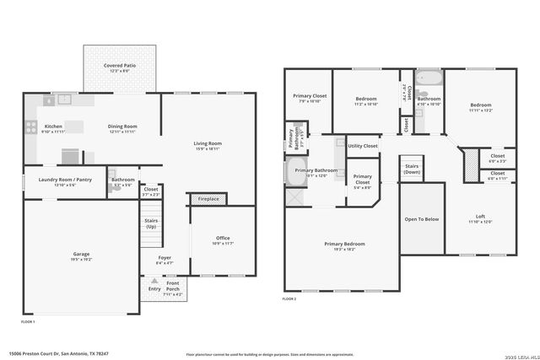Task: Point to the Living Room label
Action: (x=208, y=146)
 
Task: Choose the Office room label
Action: (x=223, y=239)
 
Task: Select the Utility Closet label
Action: (x=363, y=146)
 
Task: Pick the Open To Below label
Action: (x=422, y=219)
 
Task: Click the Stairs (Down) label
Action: (x=412, y=169)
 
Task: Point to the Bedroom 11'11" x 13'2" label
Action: (x=480, y=107)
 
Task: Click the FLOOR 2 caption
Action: (x=289, y=299)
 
